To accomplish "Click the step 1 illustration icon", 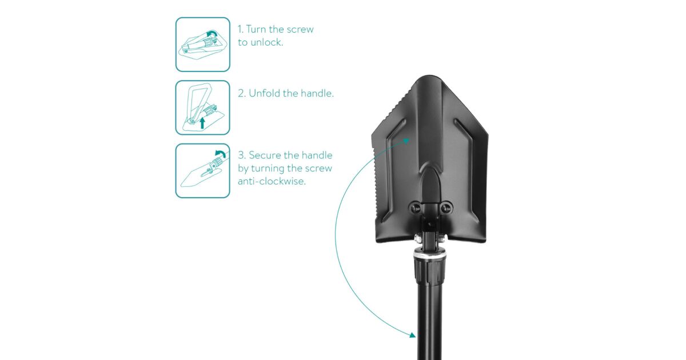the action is [203, 45].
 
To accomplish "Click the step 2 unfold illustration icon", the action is [203, 108].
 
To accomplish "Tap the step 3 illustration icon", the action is [203, 171].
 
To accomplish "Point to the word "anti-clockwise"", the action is [272, 181].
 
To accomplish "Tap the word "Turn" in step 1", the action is [256, 29].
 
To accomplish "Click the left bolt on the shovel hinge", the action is [415, 208].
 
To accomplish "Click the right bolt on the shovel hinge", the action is [446, 208].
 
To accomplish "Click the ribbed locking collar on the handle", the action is [430, 271].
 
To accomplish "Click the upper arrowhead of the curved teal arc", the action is [406, 141].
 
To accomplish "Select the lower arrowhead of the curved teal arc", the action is [413, 335].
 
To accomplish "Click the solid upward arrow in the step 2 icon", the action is [202, 123].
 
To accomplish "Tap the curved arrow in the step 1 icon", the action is [212, 33].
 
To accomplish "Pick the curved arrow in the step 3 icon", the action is [221, 153].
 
